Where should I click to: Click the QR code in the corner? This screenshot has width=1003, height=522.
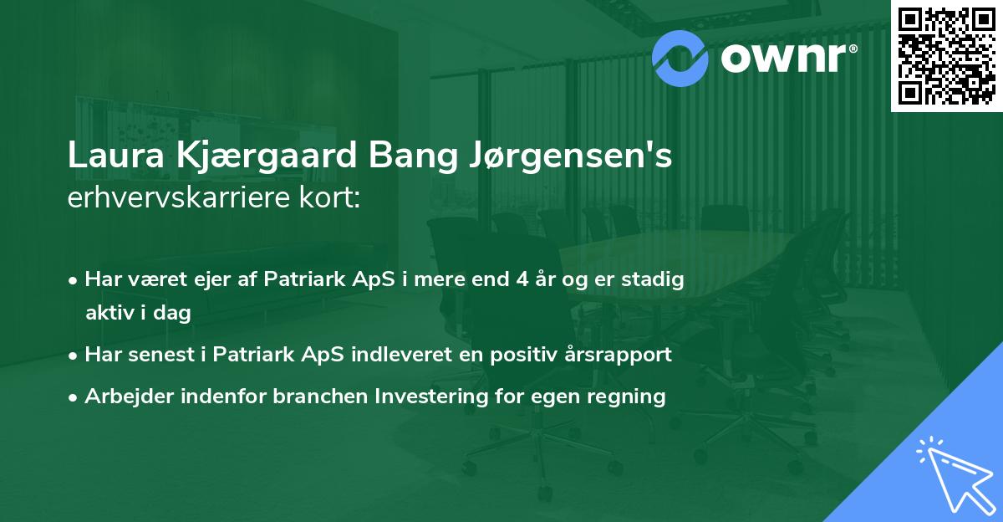pos(947,55)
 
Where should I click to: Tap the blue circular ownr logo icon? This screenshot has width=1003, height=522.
pos(681,57)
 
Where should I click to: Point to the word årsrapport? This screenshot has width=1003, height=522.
pos(619,355)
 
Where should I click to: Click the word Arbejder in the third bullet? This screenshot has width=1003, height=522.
pos(125,397)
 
